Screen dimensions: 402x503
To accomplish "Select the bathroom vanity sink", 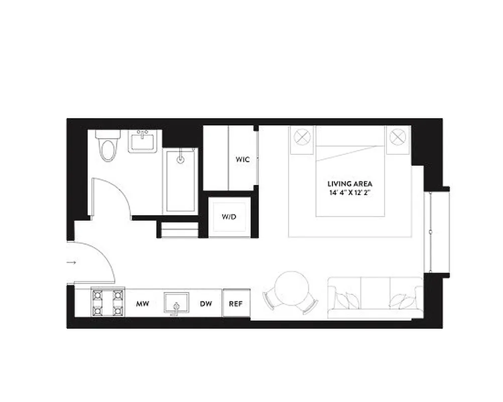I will pyautogui.click(x=145, y=141).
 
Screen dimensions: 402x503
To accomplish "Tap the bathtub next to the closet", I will pyautogui.click(x=181, y=181).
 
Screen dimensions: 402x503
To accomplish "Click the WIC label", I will pyautogui.click(x=242, y=159).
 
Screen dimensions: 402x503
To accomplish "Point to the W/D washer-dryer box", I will pyautogui.click(x=229, y=217).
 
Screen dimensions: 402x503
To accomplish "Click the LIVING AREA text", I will pyautogui.click(x=350, y=184).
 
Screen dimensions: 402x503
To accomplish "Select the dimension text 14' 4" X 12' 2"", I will pyautogui.click(x=350, y=192).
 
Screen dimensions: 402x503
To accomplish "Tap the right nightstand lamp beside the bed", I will pyautogui.click(x=398, y=136).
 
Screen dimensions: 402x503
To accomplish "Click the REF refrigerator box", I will pyautogui.click(x=236, y=304).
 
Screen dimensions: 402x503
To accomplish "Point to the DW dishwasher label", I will pyautogui.click(x=205, y=304).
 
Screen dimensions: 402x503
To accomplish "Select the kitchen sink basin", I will pyautogui.click(x=176, y=303).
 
